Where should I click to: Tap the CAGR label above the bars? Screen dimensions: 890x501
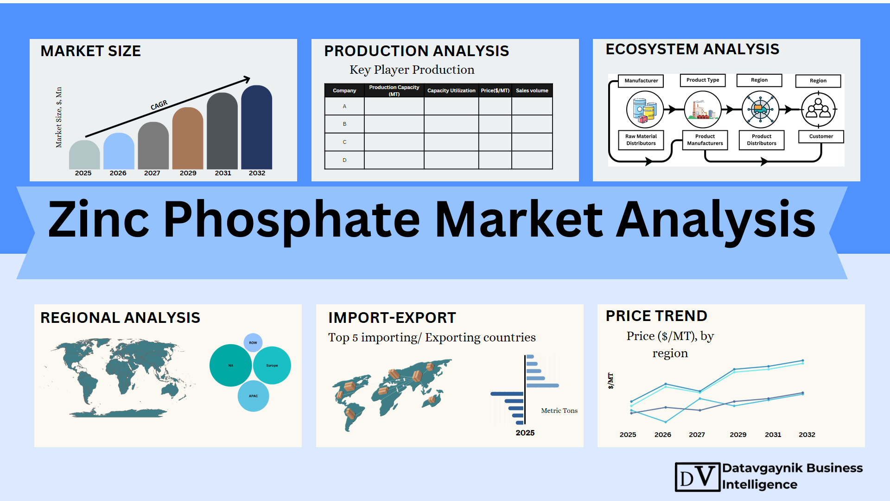[x=159, y=105]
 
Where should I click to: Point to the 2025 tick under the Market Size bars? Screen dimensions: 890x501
[x=83, y=173]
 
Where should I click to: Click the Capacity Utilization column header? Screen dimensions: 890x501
[x=451, y=90]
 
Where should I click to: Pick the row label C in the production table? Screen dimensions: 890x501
[x=344, y=142]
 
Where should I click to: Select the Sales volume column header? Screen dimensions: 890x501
[x=532, y=90]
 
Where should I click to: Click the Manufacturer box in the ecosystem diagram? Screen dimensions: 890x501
[x=641, y=81]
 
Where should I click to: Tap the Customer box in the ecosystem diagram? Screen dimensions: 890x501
[x=821, y=136]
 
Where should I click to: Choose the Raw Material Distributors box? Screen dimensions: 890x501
[x=641, y=140]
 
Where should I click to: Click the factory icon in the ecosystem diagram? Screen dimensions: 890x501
[x=703, y=109]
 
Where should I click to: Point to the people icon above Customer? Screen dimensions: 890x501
[x=819, y=109]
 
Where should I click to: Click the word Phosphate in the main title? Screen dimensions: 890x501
[x=292, y=220]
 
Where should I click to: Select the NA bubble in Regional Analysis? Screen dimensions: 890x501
[x=231, y=366]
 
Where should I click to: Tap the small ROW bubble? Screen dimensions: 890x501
[x=253, y=343]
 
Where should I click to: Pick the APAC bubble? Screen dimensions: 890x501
[x=254, y=396]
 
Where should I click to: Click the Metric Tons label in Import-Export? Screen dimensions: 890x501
[x=559, y=411]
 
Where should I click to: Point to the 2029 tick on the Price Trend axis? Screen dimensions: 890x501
[x=738, y=435]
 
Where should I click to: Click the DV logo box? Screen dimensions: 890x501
[x=698, y=477]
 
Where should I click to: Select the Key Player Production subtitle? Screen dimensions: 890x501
[x=412, y=70]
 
